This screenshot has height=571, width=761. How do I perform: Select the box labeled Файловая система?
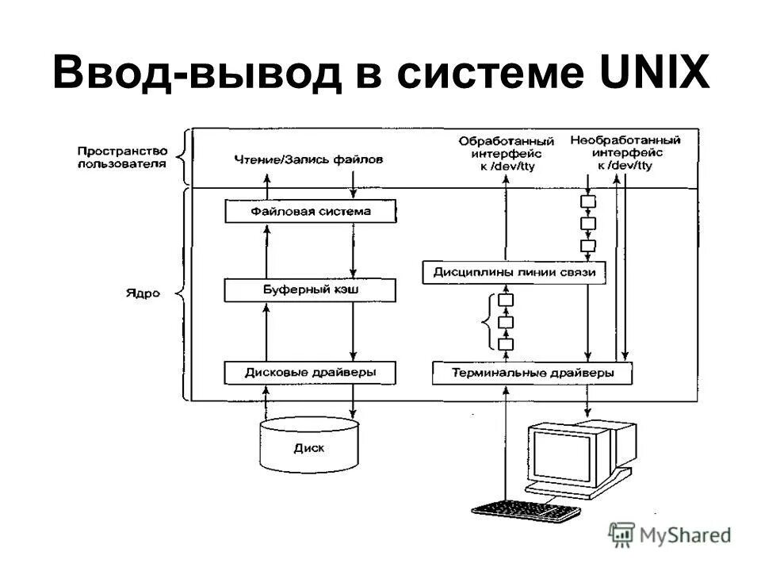(x=310, y=212)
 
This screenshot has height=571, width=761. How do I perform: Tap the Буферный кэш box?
(x=310, y=290)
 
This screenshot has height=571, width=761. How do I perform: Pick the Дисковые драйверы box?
(x=310, y=372)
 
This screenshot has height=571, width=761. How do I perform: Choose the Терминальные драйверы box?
(x=532, y=372)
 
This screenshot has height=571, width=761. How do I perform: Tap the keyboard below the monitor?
(x=525, y=510)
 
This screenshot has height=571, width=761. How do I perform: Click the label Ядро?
(x=142, y=293)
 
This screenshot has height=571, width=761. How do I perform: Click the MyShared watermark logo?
(x=670, y=535)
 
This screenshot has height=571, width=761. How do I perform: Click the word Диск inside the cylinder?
(x=308, y=448)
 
